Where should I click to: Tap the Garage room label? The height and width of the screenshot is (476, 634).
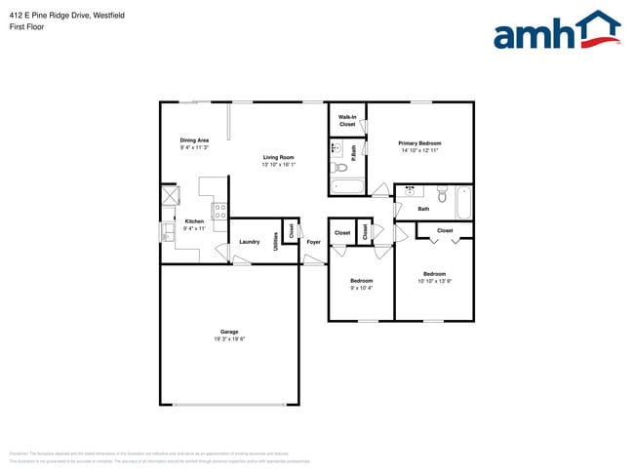point(229,332)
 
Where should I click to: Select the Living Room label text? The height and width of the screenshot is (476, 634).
point(278,157)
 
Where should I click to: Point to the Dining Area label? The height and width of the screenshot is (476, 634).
point(194,140)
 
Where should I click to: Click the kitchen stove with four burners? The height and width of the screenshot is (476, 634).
point(219,209)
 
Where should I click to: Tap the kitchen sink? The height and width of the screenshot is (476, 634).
point(168,231)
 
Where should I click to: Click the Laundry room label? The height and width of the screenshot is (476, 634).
point(249,241)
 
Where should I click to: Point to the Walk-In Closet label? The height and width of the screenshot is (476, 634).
point(347,121)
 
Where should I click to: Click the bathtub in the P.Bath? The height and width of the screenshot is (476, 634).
point(346,188)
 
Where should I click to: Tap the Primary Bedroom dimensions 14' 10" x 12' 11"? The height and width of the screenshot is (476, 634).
point(419,150)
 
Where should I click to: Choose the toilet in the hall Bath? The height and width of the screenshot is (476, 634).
point(443,195)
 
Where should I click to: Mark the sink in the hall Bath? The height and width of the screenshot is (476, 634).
point(411,191)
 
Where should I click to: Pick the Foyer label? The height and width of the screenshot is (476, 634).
point(313,241)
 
